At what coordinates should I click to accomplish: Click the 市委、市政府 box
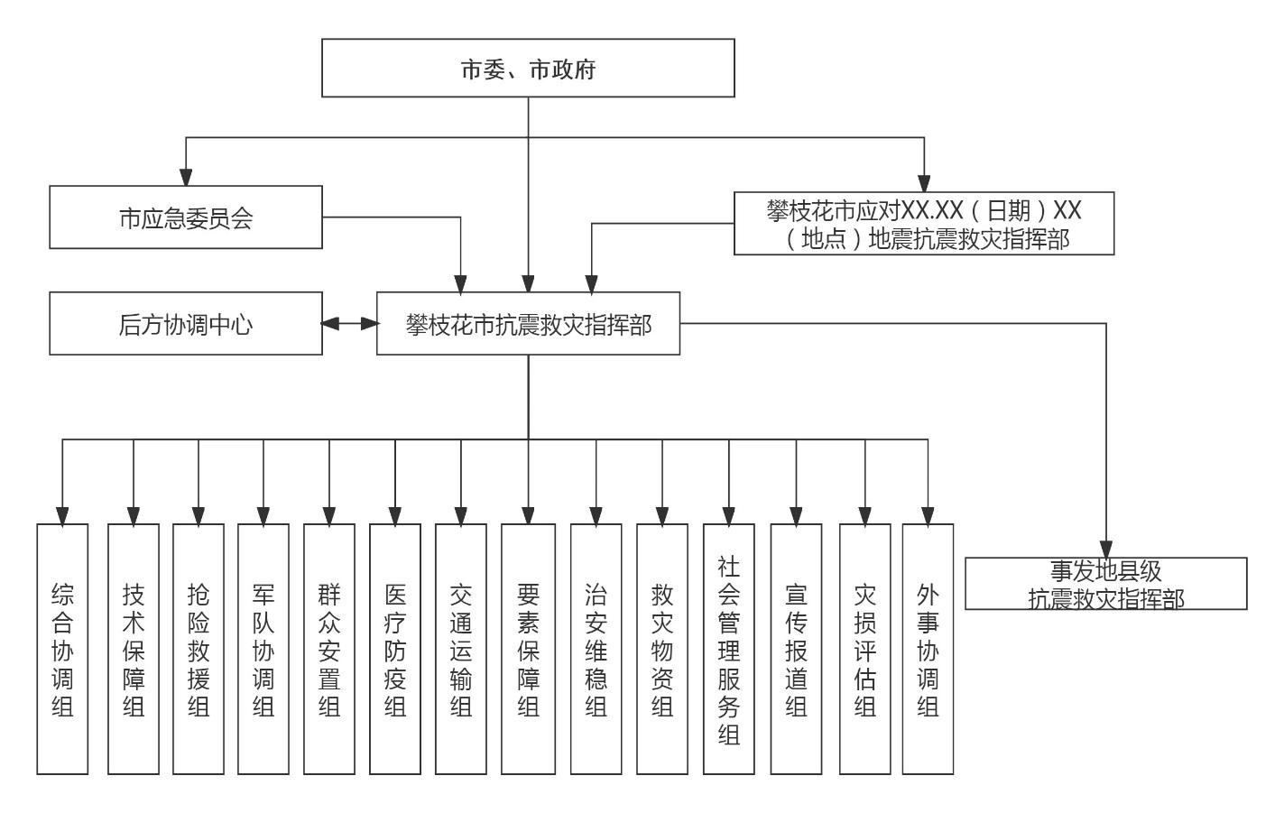tap(528, 68)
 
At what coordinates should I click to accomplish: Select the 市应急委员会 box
tap(186, 217)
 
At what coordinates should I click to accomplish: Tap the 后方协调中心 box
tap(186, 323)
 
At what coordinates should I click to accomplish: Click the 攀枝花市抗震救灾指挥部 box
tap(528, 323)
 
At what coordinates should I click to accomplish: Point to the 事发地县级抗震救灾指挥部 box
tap(1106, 584)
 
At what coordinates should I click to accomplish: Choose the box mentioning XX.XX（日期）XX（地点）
tap(924, 223)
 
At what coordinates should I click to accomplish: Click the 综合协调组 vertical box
tap(62, 649)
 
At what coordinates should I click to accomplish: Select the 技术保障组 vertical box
tap(134, 649)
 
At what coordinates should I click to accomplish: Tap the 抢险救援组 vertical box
tap(199, 649)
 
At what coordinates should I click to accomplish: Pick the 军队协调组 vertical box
tap(263, 649)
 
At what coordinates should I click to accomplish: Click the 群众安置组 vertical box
tap(329, 649)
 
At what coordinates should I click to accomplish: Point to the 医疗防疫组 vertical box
tap(395, 649)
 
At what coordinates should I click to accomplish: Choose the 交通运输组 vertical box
tap(461, 649)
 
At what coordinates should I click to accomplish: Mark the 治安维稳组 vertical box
tap(596, 649)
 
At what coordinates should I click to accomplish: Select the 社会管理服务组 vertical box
tap(729, 649)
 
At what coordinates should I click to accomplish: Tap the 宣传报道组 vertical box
tap(796, 649)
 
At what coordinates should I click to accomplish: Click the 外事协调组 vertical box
tap(928, 649)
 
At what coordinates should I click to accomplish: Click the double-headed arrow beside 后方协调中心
tap(349, 323)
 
